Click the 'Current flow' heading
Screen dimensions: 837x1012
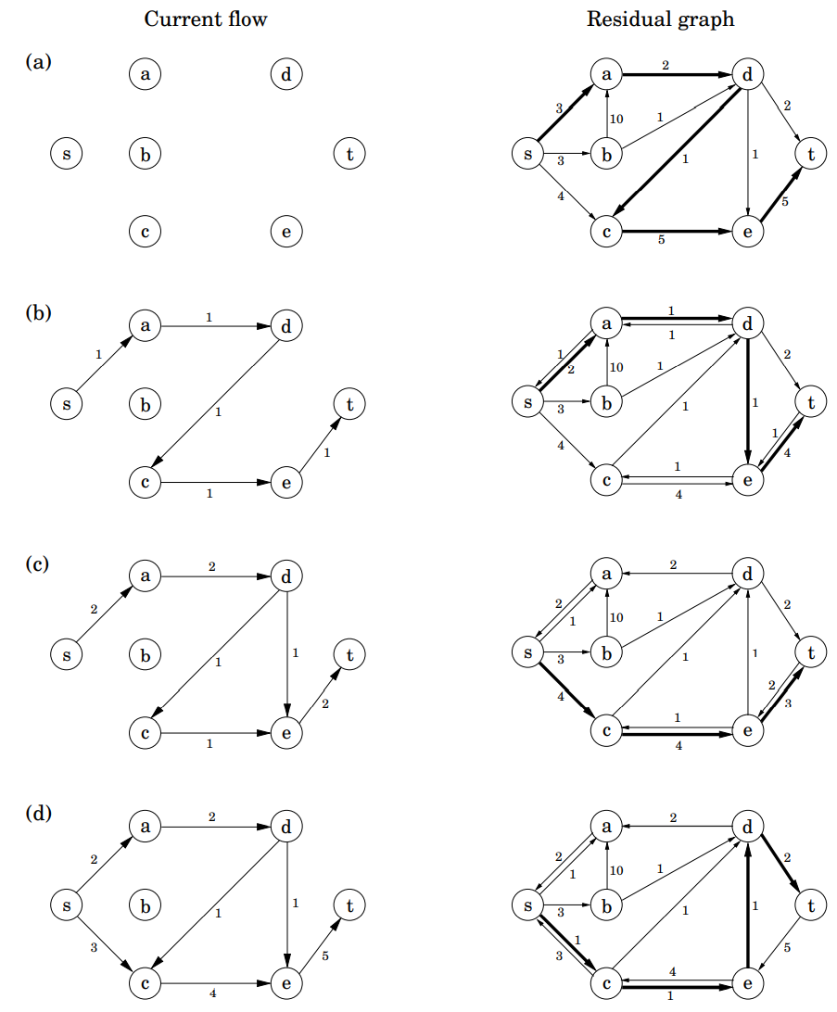(206, 19)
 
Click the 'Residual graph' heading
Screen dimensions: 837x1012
(660, 19)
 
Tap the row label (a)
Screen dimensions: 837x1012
(39, 62)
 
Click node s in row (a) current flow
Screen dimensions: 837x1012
(65, 154)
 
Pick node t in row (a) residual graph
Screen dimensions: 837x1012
(811, 154)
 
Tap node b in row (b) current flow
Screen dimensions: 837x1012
(145, 405)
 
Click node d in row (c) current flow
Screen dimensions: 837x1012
(285, 576)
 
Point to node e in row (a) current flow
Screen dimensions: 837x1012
(285, 232)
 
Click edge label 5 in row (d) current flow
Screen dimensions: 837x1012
(324, 955)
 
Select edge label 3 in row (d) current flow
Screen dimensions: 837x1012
(94, 948)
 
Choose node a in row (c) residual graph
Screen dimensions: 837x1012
(606, 575)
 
